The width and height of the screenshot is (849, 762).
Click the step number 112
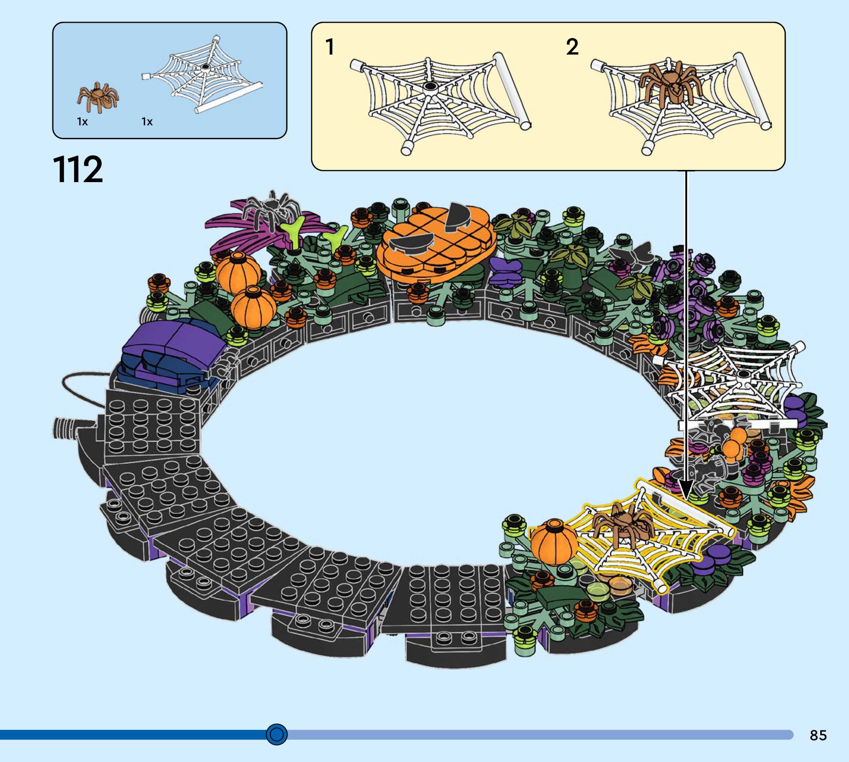pyautogui.click(x=78, y=169)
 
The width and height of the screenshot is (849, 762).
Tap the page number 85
pyautogui.click(x=818, y=735)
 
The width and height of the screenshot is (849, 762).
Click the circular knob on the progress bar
pyautogui.click(x=277, y=734)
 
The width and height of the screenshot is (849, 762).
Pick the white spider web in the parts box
pyautogui.click(x=203, y=75)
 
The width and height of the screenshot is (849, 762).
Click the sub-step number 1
pyautogui.click(x=330, y=47)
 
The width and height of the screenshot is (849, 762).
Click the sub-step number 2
pyautogui.click(x=572, y=47)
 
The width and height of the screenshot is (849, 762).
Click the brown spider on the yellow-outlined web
pyautogui.click(x=624, y=525)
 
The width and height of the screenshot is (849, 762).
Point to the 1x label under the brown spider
pyautogui.click(x=83, y=122)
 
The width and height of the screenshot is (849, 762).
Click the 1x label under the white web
pyautogui.click(x=147, y=122)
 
